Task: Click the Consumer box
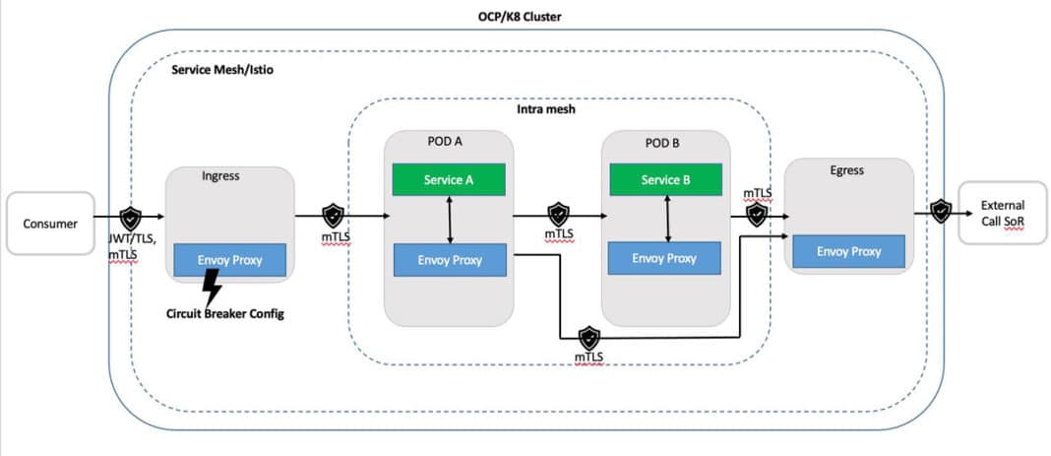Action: (50, 224)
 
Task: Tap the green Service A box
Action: (449, 180)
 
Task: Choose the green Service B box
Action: (666, 180)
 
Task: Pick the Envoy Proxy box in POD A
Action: (449, 260)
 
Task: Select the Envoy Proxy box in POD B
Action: (664, 258)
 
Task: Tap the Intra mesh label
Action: (546, 109)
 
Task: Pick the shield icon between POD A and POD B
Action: (558, 214)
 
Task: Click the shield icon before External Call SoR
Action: (941, 210)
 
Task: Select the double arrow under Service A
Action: (450, 219)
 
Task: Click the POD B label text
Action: (661, 143)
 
